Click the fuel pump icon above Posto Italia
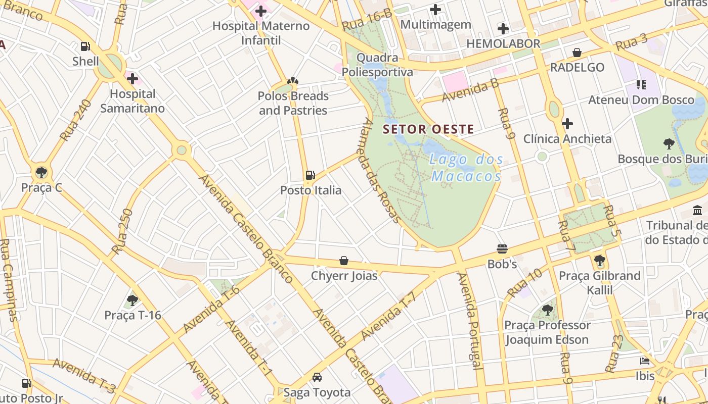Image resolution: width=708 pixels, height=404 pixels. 310,175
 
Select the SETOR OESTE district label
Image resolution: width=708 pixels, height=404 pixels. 428,129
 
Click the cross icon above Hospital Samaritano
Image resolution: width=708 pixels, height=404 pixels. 132,79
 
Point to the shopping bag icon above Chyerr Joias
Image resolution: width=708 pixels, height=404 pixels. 344,261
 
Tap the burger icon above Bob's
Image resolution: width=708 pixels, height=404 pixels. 502,249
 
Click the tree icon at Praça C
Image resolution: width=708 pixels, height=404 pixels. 41,173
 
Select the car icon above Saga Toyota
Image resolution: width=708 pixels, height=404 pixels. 317,377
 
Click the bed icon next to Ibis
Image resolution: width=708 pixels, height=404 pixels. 645,361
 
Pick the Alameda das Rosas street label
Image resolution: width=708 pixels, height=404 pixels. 382,171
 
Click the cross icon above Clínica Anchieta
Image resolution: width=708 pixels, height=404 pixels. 567,124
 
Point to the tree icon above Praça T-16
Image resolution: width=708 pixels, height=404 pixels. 132,300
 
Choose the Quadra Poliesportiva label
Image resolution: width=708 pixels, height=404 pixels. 377,65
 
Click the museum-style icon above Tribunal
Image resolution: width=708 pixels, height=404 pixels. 698,210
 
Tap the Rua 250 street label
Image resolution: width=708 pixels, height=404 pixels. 122,231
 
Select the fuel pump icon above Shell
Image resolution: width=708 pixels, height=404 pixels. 85,46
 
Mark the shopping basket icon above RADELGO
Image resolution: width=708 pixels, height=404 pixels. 577,53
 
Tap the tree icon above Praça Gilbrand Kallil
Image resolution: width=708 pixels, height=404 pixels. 600,261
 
